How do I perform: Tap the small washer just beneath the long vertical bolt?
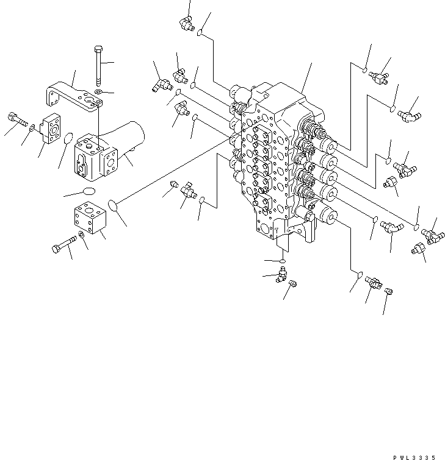coord(99,92)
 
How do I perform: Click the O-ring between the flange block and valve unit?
coord(69,140)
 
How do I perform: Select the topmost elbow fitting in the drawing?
coord(186,24)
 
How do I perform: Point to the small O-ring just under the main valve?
coord(282,261)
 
